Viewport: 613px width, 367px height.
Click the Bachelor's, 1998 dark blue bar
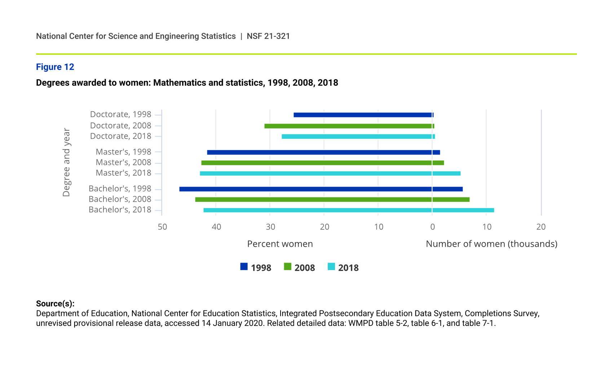(x=321, y=189)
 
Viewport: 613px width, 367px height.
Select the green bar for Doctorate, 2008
(x=349, y=126)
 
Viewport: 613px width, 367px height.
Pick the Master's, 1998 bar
(x=323, y=152)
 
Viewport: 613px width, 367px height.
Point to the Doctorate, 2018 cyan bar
(x=358, y=136)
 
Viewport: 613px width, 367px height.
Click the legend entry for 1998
(x=256, y=267)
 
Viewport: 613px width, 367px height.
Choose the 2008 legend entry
(x=299, y=267)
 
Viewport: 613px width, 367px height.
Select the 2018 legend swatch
(x=331, y=267)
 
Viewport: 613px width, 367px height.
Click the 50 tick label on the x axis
(x=162, y=227)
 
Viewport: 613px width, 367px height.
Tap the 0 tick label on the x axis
(x=432, y=227)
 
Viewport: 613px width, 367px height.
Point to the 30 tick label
(x=270, y=227)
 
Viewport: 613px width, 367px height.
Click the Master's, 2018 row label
(x=123, y=173)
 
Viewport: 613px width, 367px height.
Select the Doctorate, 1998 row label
(x=120, y=114)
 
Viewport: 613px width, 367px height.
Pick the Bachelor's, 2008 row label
(x=120, y=199)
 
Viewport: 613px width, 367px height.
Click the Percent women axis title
(x=280, y=244)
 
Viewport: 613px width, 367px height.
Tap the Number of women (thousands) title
(x=491, y=244)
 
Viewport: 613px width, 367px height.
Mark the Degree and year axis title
(x=66, y=162)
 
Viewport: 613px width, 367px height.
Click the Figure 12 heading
(x=55, y=67)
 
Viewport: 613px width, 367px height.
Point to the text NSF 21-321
(x=268, y=36)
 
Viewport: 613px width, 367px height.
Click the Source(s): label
(x=55, y=304)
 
